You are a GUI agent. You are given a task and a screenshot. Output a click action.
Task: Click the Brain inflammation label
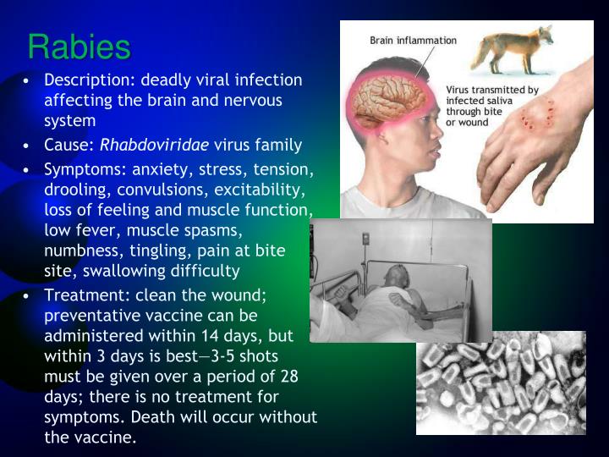point(413,40)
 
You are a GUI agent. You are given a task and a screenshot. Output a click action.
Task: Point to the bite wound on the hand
point(535,118)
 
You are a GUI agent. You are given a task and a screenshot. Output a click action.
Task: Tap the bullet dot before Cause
point(28,145)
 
